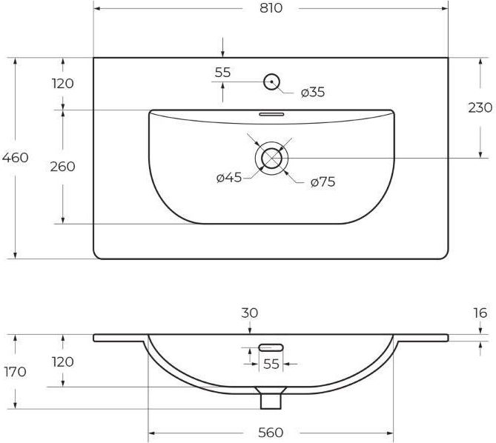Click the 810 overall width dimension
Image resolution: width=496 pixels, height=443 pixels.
(x=271, y=8)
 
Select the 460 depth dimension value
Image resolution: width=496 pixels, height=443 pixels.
(x=15, y=157)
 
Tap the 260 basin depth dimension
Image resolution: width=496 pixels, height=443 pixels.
(x=62, y=167)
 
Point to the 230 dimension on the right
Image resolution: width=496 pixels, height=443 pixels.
(x=480, y=107)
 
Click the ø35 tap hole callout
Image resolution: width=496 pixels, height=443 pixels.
(x=313, y=92)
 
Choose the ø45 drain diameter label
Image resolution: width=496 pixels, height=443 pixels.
(x=229, y=177)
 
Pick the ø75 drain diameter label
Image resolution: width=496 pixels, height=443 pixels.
(x=323, y=181)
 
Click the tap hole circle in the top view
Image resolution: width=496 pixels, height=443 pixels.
(x=271, y=81)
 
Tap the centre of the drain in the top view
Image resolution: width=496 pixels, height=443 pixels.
(x=271, y=158)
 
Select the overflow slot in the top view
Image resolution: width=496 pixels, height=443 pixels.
(x=271, y=114)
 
